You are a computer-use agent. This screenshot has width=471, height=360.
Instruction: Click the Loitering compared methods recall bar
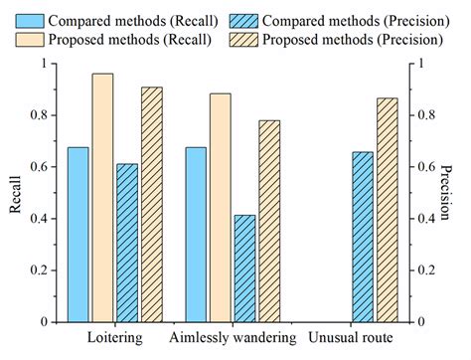pyautogui.click(x=78, y=235)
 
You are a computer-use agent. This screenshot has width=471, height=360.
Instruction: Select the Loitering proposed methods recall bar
pyautogui.click(x=102, y=198)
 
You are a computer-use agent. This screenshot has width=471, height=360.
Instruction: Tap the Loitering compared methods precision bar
pyautogui.click(x=127, y=243)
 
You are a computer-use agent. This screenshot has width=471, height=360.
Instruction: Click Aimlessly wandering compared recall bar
pyautogui.click(x=196, y=235)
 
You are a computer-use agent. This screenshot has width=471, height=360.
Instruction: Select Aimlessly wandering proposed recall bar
pyautogui.click(x=221, y=208)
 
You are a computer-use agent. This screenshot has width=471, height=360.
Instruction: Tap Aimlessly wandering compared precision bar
pyautogui.click(x=244, y=269)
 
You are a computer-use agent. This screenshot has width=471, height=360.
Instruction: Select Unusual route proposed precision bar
pyautogui.click(x=388, y=210)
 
